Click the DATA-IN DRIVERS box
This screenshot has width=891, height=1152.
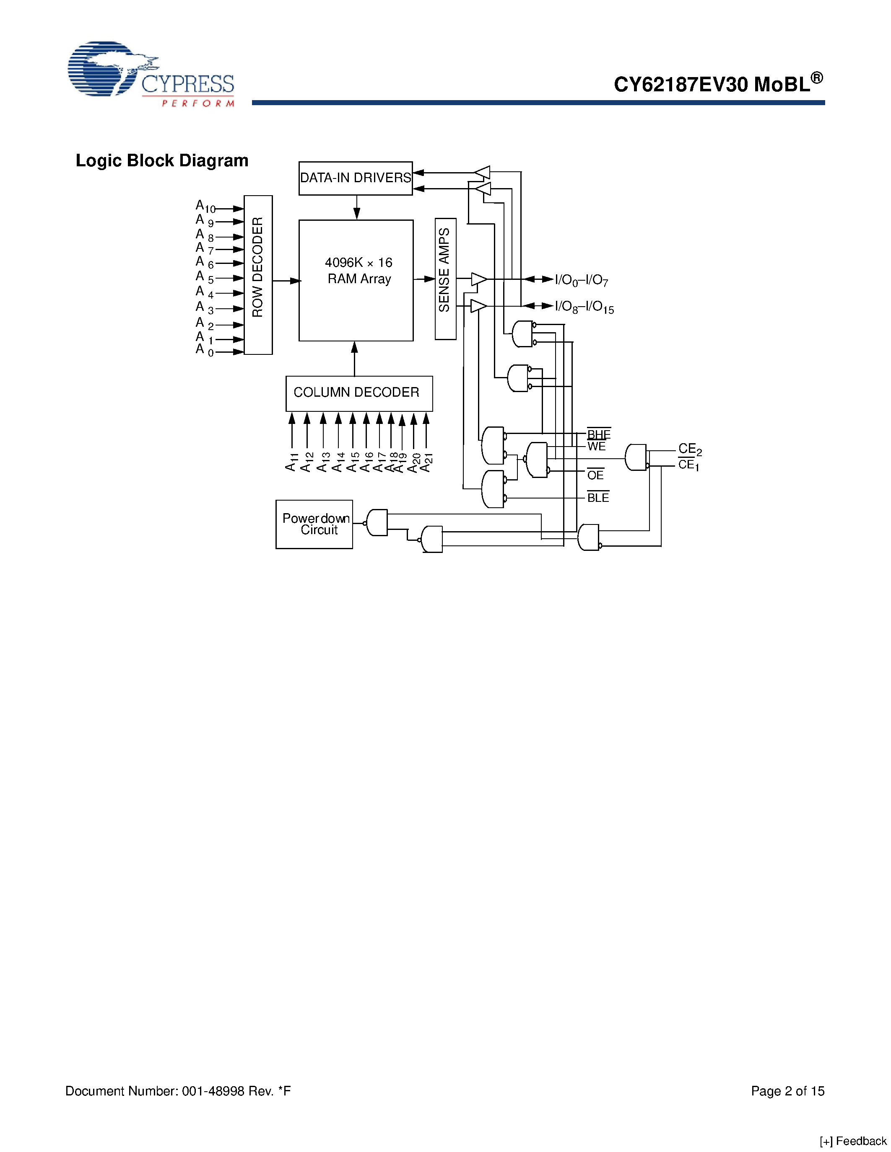click(x=355, y=178)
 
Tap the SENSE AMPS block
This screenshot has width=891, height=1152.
click(x=445, y=279)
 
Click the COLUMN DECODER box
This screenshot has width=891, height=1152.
click(x=358, y=393)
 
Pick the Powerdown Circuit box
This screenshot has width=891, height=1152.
click(x=314, y=524)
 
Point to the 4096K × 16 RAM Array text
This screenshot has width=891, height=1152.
click(x=358, y=271)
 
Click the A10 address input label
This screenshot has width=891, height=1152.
click(x=205, y=206)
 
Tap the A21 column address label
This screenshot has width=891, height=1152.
click(x=426, y=462)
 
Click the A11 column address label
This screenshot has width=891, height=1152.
click(x=292, y=462)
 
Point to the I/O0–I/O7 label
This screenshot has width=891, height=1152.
click(x=581, y=280)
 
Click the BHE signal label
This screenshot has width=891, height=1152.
click(x=599, y=434)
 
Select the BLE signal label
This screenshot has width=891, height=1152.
click(x=598, y=497)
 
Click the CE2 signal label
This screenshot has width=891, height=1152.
click(x=689, y=449)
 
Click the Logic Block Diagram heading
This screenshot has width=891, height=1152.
click(x=162, y=160)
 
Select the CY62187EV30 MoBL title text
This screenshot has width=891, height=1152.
click(x=718, y=83)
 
